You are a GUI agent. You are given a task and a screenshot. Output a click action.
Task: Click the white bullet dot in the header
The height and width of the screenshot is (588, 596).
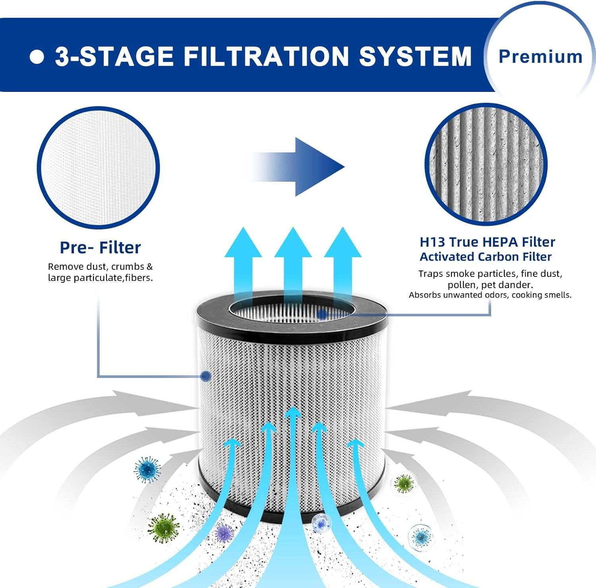coord(37,56)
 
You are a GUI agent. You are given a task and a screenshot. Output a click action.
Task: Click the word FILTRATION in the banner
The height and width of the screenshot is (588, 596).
coord(266,56)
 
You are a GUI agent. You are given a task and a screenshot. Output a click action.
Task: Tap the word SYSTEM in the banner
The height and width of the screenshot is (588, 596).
coord(415,56)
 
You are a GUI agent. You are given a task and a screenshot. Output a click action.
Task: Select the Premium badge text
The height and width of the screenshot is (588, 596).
coord(540,56)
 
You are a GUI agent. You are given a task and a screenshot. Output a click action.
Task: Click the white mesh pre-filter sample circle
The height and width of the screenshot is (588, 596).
coord(98,167)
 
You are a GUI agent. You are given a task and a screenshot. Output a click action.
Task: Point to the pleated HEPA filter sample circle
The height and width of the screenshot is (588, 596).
coord(486,164)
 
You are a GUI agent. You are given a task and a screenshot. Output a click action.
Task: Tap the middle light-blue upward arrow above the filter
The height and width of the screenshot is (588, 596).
coord(293,263)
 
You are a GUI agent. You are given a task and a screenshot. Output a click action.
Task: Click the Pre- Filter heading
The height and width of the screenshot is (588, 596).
coord(100,247)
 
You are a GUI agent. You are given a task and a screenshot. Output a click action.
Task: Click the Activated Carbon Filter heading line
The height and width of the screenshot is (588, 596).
coord(486,257)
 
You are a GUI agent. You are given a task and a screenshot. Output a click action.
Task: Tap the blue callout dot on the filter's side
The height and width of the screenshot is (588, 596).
coord(205,376)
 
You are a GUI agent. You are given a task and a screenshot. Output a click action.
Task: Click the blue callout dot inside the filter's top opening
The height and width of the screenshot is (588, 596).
coord(322,315)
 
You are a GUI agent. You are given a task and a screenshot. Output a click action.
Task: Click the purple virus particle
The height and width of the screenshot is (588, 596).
coord(225,533)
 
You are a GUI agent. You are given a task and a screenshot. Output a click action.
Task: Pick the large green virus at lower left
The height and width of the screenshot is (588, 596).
coord(163,528)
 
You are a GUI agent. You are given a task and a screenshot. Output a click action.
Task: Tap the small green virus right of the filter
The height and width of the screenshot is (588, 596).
coord(404,484)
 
